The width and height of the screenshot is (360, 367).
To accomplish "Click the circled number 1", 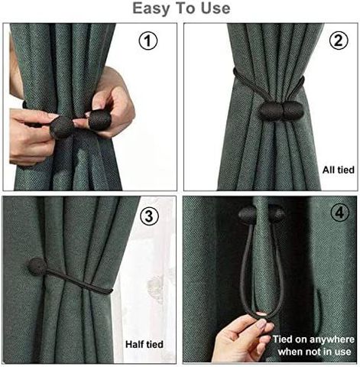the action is tap(148, 41).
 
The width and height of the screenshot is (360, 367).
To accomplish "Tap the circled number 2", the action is tap(339, 40).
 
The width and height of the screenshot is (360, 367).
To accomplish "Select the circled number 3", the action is tap(149, 216).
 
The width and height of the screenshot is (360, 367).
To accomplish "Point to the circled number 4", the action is tap(339, 212).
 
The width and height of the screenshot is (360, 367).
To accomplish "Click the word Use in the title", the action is tap(216, 8).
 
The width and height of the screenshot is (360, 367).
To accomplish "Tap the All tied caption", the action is tap(339, 170).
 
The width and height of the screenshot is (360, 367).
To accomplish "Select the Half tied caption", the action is tap(144, 344).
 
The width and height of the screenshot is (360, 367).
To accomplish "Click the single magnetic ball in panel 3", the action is tap(37, 267).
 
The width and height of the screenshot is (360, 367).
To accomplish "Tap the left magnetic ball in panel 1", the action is tap(62, 127).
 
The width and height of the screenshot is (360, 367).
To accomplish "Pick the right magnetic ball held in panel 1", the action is tap(99, 119).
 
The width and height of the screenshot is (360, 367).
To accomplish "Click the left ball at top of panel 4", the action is tap(247, 215).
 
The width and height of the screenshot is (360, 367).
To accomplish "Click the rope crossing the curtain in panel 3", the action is tap(79, 281).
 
